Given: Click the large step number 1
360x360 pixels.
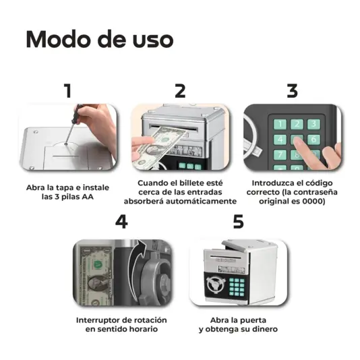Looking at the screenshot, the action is pos(67,91).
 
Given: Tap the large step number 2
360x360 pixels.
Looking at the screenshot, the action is pos(180,91).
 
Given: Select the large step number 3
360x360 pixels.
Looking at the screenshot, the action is pos(293,91).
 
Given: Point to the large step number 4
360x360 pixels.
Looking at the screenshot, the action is pos(121,222).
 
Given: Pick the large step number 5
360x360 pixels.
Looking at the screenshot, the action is pos(239,222).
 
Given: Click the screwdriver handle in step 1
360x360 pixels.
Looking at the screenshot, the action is pos(77,113).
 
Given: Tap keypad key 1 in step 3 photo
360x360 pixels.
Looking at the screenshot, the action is pos(280,124).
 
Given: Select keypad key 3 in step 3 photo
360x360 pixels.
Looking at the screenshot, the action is pos(314,124).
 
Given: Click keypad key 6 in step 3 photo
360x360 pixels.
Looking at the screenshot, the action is pos(314,140).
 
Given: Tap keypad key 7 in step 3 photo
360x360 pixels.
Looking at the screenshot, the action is pos(280,155).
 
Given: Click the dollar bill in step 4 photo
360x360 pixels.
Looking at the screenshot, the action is pos(96,276).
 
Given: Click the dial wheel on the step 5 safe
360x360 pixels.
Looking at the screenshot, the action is pos(215,285).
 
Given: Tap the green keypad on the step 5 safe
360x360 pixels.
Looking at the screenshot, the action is pos(237,287).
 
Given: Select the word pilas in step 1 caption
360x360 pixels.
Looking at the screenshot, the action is pos(70,197).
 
